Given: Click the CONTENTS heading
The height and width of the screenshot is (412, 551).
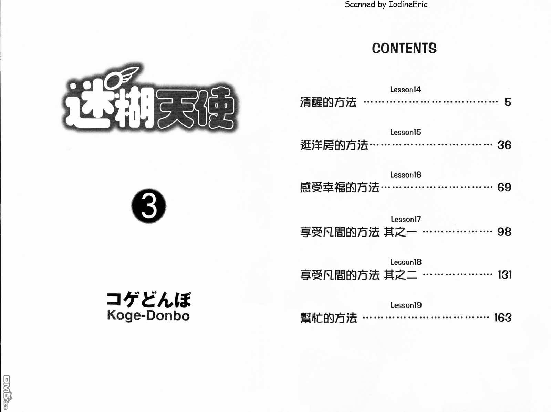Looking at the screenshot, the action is tap(404, 48).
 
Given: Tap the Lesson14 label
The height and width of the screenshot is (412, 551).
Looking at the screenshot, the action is tap(405, 89).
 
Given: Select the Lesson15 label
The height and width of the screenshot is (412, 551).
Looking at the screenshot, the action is tap(405, 132).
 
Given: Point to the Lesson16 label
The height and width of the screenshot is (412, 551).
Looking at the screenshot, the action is tap(405, 174).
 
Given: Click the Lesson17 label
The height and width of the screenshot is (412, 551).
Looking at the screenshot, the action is tap(406, 219).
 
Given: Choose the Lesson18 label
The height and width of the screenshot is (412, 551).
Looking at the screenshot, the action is tap(406, 262).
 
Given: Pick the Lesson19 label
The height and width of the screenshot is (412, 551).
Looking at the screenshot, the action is tap(406, 305).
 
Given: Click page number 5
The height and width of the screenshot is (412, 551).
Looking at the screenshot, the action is tap(508, 102).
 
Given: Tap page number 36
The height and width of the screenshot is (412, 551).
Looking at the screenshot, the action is tap(504, 145).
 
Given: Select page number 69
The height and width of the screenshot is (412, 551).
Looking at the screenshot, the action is tap(504, 188).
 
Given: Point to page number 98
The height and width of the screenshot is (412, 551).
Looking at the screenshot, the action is tap(504, 232).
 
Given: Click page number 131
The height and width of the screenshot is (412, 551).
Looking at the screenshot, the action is tap(505, 274).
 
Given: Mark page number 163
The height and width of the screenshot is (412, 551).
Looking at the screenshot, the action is tap(502, 318).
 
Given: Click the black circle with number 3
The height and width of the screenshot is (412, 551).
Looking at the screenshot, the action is tap(149, 206).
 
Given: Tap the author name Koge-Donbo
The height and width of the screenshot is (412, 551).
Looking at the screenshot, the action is tap(148, 315).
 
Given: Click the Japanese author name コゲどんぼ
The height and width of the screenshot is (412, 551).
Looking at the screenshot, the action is tap(149, 300).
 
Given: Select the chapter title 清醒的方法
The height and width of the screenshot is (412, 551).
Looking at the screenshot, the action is tap(328, 102).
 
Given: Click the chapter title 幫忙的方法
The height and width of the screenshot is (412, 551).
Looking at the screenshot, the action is tap(328, 318).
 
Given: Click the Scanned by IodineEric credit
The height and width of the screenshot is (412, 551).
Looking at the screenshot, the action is tap(386, 4).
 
